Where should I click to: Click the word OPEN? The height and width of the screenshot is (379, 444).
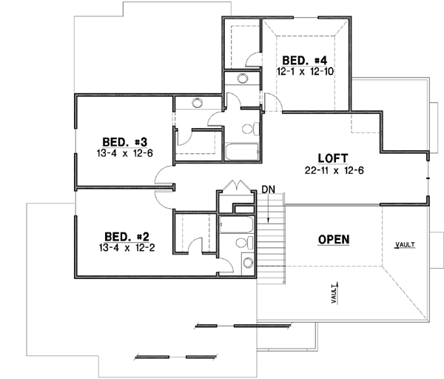click(x=333, y=239)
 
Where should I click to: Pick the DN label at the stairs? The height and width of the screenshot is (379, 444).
click(x=268, y=190)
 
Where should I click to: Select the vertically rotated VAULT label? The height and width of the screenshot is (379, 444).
click(x=335, y=294)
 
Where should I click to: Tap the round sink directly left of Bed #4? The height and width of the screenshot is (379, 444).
click(x=241, y=79)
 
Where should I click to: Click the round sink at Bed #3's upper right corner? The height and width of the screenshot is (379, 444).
click(x=197, y=104)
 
